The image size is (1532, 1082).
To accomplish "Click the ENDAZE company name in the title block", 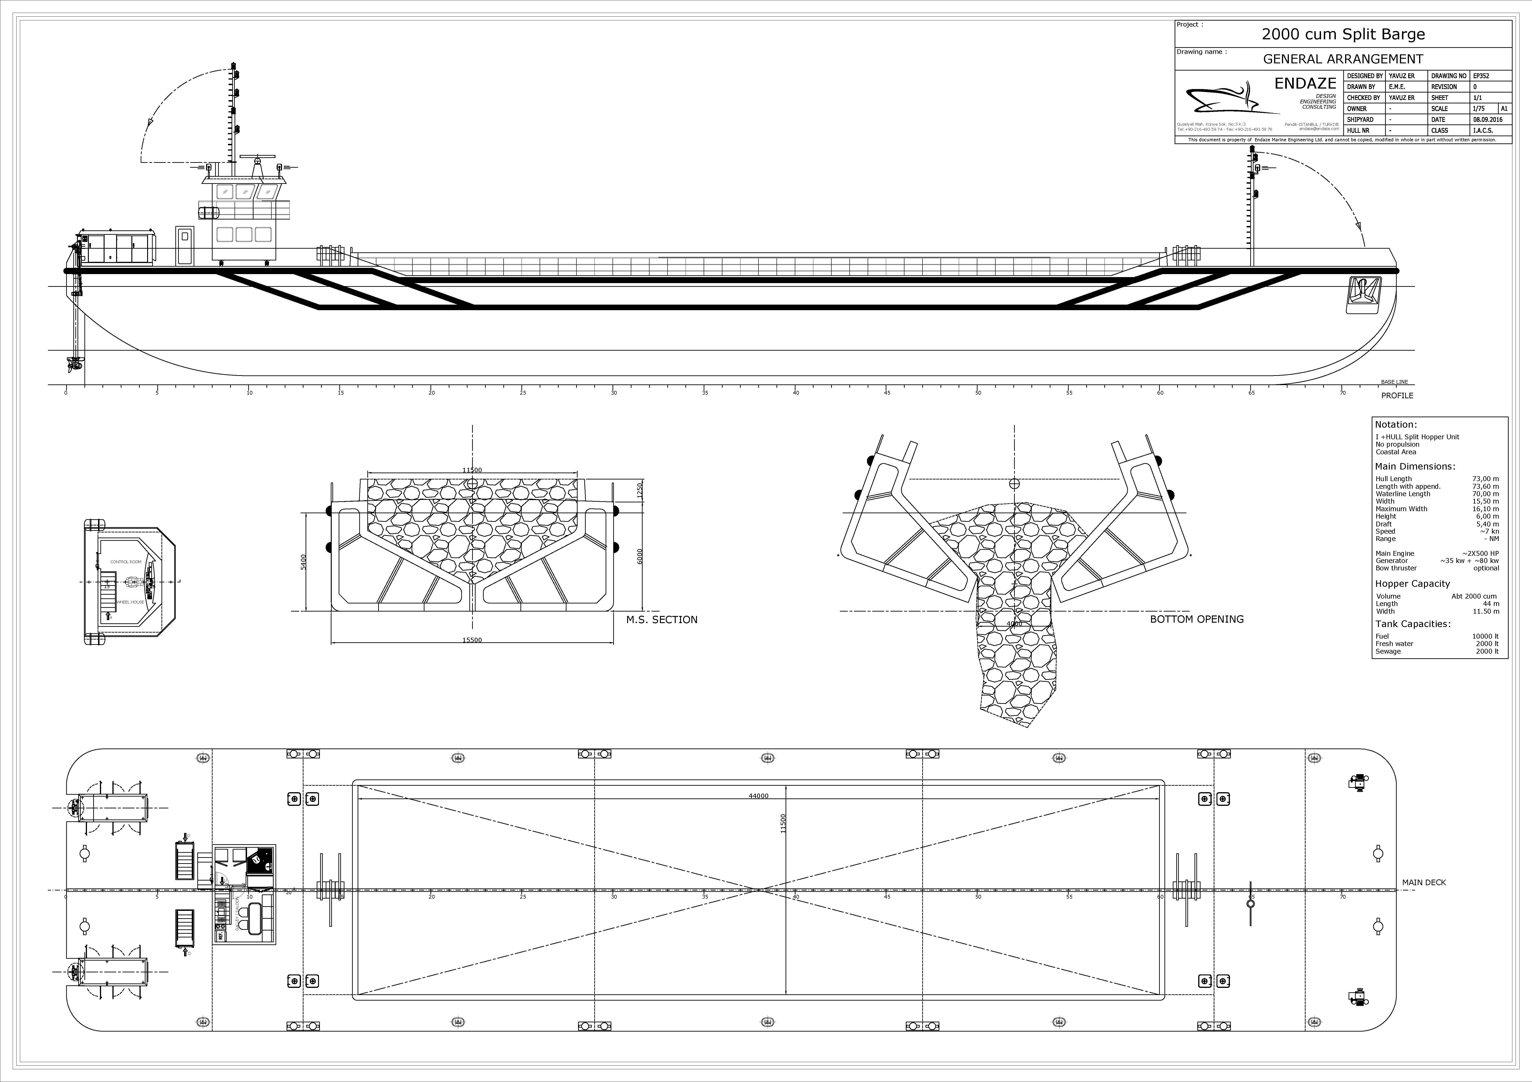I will click(1305, 83).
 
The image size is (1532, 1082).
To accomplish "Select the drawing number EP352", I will click(1481, 76).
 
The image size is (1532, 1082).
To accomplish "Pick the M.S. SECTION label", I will click(661, 620).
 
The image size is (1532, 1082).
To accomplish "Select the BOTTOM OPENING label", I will click(1196, 619).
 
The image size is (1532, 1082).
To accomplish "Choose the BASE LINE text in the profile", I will click(1394, 382).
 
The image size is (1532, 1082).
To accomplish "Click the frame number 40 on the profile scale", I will click(796, 393).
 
